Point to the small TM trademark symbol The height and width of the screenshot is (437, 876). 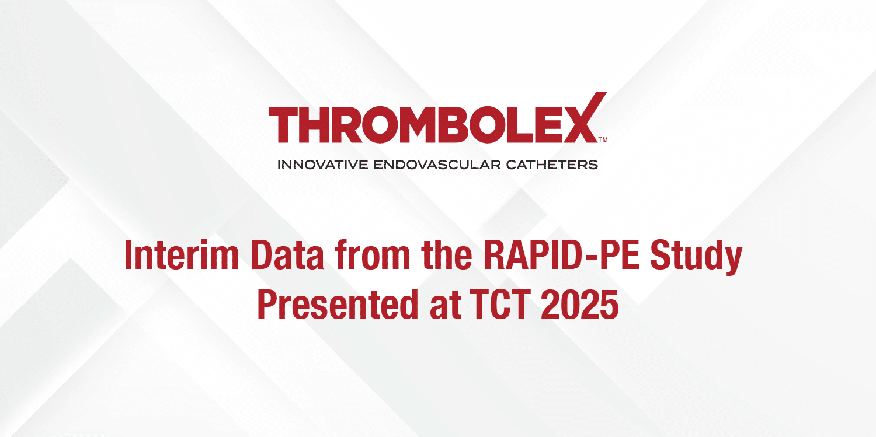603,140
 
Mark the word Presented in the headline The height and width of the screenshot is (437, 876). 336,306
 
